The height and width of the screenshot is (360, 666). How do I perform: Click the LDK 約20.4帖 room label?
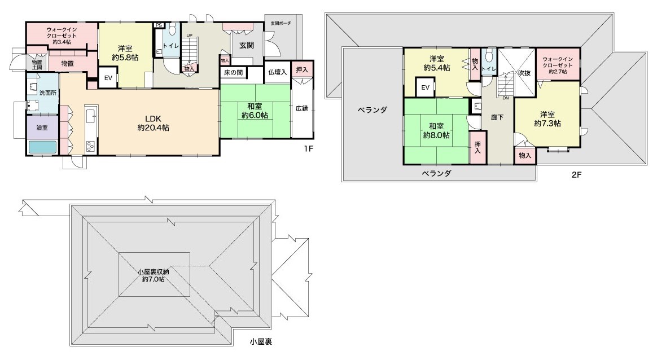pos(154,123)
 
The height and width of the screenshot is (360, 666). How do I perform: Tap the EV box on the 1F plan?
pos(108,78)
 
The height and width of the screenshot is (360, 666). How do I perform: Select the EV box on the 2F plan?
pos(425,87)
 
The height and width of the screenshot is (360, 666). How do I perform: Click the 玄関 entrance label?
pos(246,45)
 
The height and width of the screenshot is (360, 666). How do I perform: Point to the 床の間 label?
pos(234,73)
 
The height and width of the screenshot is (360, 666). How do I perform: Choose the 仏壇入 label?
pos(278,72)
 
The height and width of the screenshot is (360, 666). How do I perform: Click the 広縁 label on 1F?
pos(302,108)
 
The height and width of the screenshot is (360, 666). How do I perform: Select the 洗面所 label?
pos(47,93)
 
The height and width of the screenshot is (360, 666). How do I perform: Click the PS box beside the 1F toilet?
pos(159,25)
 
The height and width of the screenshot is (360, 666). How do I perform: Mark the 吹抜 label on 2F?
pos(524,73)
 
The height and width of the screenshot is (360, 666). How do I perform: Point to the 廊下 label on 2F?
pos(497,117)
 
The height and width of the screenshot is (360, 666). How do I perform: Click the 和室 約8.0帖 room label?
pos(436,131)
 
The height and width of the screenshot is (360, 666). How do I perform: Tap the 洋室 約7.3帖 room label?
pos(547,119)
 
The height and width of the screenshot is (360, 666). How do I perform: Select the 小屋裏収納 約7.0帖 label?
pos(154,275)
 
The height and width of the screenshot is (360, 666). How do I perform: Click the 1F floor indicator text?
pos(308,148)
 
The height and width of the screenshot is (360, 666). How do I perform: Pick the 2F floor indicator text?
pos(576,174)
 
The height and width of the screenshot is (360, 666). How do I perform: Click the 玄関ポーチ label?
pos(281,23)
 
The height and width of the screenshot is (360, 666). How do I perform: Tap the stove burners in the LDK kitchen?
pos(91,147)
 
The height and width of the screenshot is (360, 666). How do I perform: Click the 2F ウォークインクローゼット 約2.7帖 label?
pos(558,65)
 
